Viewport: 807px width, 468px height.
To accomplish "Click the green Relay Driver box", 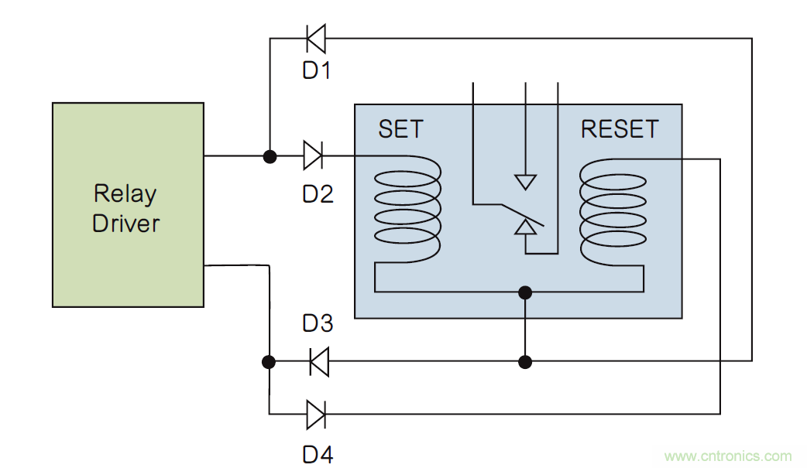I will click(128, 205).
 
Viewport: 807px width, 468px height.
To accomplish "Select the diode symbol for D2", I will click(313, 155).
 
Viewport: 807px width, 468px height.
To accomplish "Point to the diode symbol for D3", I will click(318, 361).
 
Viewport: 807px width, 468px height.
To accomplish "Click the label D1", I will click(317, 71).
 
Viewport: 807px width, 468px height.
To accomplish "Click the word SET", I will click(401, 129).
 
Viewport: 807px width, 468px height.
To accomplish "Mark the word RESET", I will click(620, 129).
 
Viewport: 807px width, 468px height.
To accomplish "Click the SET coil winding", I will click(407, 207).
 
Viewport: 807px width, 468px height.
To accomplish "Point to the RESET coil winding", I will click(613, 207).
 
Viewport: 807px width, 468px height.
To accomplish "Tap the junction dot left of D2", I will click(270, 156).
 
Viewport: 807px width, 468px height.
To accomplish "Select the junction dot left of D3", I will click(269, 361).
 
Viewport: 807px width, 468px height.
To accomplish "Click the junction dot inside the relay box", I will click(526, 292).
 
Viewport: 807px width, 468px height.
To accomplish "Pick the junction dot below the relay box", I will click(526, 361).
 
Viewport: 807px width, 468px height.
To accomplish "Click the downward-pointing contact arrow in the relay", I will click(526, 182).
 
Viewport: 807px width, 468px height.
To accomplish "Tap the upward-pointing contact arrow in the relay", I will click(526, 227).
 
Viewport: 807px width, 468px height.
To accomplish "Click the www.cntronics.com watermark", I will click(728, 456).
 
